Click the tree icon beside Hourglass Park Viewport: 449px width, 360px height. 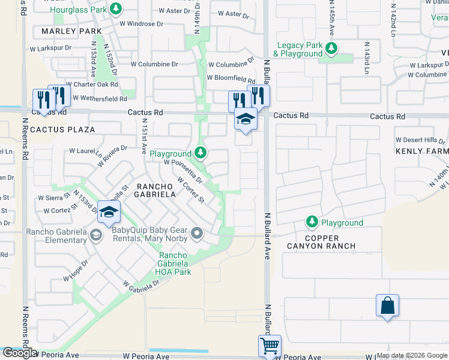[x=117, y=9]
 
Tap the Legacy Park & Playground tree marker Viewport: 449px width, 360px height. [x=330, y=49]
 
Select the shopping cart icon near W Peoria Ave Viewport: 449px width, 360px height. [x=270, y=346]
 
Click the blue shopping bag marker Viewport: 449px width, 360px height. [x=387, y=305]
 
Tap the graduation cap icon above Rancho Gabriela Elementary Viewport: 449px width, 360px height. [x=109, y=212]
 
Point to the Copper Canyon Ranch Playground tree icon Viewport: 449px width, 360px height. [x=312, y=223]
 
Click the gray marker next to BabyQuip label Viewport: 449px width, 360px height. [x=197, y=232]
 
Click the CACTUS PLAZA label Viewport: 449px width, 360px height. [x=63, y=130]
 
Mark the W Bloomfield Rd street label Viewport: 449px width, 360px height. [x=231, y=78]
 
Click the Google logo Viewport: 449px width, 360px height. [x=20, y=353]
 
